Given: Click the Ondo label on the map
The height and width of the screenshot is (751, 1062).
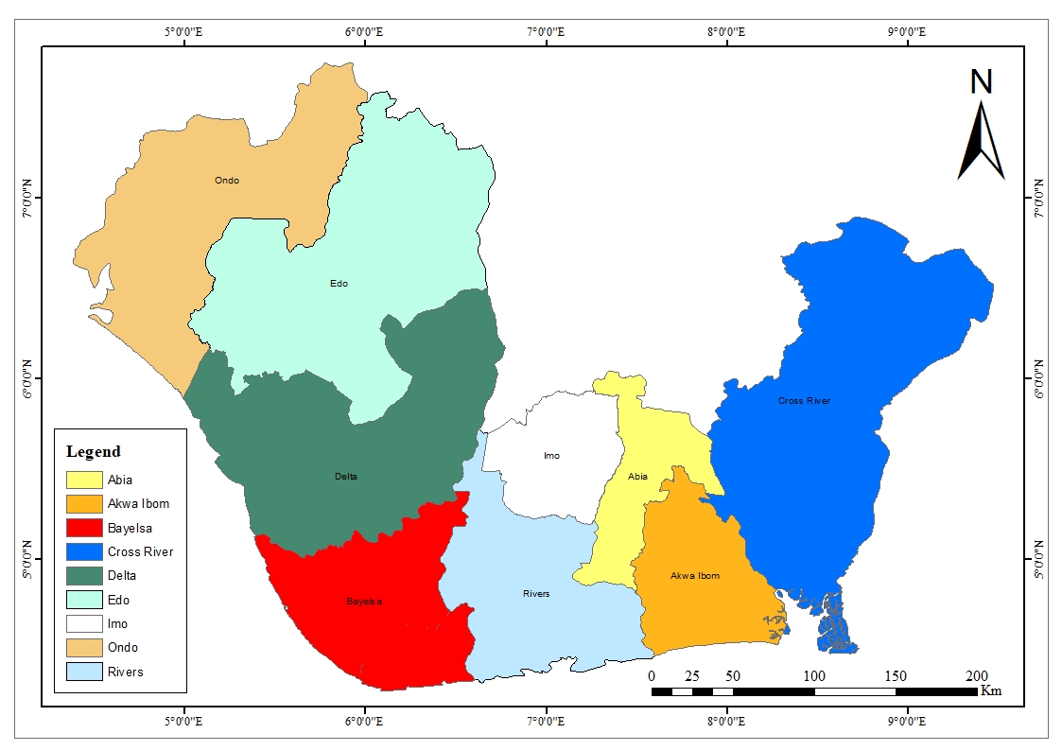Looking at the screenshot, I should [x=226, y=180].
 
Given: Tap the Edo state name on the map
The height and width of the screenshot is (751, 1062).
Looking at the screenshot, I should [x=339, y=283].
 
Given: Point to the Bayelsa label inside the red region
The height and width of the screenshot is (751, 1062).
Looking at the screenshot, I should [x=364, y=601].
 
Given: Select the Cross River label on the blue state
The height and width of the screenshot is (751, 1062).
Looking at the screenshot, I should [x=804, y=401].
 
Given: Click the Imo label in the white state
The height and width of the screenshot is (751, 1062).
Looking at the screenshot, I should [x=551, y=456].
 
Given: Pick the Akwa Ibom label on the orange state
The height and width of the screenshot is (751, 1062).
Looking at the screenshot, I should [x=695, y=575].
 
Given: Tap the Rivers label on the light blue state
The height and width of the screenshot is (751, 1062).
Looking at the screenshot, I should [x=536, y=594].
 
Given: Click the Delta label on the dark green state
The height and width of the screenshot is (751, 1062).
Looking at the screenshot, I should [x=346, y=476].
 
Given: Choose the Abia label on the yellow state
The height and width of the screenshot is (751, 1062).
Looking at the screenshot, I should [x=638, y=476].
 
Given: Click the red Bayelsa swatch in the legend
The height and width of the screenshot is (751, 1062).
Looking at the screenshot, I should [x=83, y=528].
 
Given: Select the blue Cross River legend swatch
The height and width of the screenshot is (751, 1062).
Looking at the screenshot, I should [x=83, y=552].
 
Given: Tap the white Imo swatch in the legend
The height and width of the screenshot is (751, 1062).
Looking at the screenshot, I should [x=83, y=624].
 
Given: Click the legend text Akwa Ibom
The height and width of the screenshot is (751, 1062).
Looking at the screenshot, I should [x=138, y=504].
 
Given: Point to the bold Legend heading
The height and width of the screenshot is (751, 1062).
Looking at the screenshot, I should [x=93, y=452].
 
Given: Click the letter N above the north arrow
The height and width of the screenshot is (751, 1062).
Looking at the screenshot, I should [x=982, y=82].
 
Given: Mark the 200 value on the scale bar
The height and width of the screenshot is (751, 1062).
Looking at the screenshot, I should [x=977, y=676].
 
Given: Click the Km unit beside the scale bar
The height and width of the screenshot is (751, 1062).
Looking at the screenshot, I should [x=991, y=691].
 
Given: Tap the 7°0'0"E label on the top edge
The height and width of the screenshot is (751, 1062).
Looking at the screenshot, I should [x=546, y=32].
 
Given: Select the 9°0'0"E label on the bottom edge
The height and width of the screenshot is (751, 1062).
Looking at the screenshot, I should [x=907, y=722].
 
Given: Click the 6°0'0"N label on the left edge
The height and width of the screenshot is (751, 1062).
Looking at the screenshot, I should [x=27, y=377].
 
